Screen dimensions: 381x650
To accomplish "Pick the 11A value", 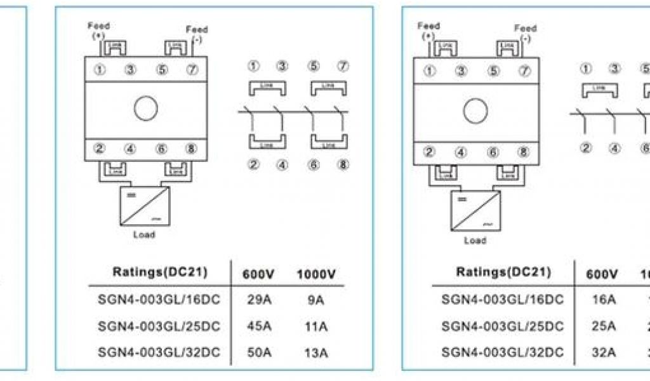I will pos(315,326).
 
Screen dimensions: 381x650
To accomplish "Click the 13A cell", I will pos(315,353).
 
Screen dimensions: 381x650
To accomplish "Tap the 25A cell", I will pos(603,326).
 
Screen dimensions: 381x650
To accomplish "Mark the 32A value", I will pos(603,353).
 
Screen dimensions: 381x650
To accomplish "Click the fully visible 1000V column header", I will pos(315,275).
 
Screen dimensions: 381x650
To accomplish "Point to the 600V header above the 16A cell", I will pos(603,274).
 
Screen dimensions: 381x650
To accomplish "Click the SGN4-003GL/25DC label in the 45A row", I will pos(159,326).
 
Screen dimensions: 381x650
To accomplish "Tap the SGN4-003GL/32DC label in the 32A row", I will pos(503,353).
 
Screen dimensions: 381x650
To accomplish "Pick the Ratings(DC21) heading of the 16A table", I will pos(503,272).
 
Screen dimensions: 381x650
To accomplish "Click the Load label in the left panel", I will pos(143,234).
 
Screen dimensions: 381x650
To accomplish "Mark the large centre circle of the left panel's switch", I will pos(145,108).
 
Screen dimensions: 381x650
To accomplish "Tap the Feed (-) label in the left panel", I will pos(197,34).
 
